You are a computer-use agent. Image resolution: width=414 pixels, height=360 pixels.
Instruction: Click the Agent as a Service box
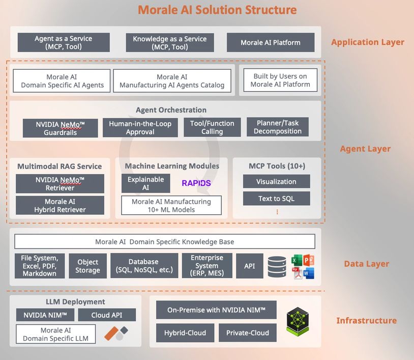click(x=64, y=42)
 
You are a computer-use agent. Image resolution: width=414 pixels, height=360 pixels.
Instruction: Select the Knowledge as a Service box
click(x=169, y=42)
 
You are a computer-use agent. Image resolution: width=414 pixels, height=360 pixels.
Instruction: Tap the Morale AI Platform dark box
click(x=271, y=42)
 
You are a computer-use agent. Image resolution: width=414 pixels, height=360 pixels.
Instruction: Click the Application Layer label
click(x=367, y=42)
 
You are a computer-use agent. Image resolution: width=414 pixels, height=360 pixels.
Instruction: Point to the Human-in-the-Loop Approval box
click(x=140, y=127)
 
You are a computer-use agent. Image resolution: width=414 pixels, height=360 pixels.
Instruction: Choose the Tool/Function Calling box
click(x=212, y=127)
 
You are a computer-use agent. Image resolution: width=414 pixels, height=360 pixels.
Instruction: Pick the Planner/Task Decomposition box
click(x=278, y=127)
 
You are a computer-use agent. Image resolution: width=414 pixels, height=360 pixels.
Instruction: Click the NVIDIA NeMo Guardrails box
click(x=60, y=128)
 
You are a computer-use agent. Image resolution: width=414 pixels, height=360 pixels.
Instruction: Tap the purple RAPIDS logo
click(x=196, y=183)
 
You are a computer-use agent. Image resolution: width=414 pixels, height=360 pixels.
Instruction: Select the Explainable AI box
click(x=145, y=183)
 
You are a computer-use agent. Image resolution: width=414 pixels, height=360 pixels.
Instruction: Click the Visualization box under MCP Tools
click(x=276, y=181)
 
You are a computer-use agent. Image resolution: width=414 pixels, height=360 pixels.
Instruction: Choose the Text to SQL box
click(x=276, y=199)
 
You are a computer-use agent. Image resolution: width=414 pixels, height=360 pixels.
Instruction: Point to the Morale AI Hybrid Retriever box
click(x=60, y=205)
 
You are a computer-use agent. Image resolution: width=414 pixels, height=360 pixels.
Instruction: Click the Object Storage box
click(x=87, y=266)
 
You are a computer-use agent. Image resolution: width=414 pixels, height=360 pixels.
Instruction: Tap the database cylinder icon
click(x=277, y=266)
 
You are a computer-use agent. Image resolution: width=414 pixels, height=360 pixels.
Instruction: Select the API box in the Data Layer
click(x=249, y=266)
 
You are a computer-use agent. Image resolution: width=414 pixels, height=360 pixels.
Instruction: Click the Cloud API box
click(x=107, y=315)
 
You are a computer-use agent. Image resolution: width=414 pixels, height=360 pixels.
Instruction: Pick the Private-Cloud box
click(x=248, y=333)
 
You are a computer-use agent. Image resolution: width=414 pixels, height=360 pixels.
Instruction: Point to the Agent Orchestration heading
click(x=171, y=110)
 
